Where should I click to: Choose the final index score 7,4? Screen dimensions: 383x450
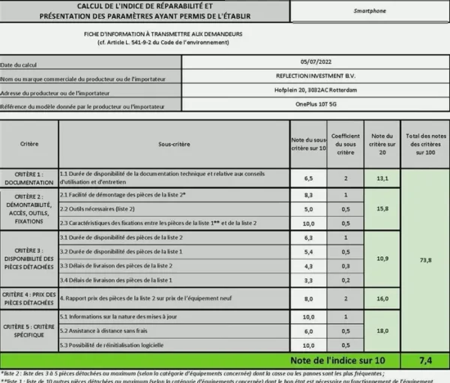(424, 360)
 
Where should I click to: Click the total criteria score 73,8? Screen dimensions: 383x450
(425, 260)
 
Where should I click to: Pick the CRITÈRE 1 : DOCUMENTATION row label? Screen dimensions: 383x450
(29, 178)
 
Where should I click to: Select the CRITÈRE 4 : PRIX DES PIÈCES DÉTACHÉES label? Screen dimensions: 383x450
(29, 298)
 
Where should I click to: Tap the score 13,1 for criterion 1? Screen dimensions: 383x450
(382, 178)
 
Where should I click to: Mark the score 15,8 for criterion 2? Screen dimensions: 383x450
(382, 208)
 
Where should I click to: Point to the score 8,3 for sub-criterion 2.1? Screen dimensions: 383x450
(308, 195)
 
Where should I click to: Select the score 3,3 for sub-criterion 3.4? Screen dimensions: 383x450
(308, 280)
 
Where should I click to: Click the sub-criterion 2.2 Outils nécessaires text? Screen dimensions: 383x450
(98, 208)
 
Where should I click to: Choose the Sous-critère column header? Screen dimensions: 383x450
(175, 142)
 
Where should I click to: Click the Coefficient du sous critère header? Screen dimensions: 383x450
(346, 142)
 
